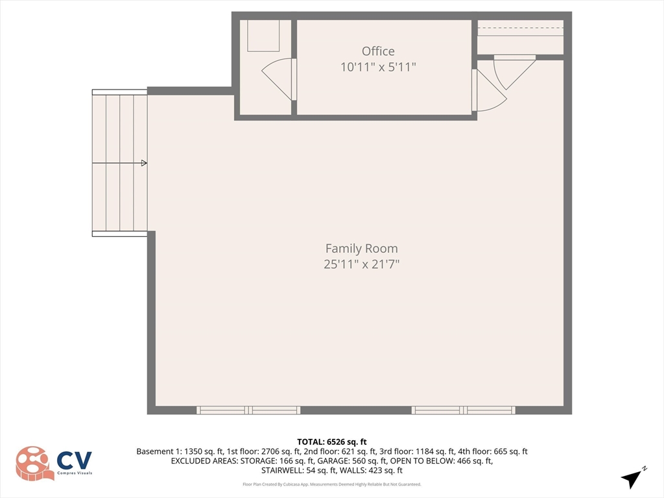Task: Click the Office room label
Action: point(378,51)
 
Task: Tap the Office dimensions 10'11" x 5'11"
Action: point(378,67)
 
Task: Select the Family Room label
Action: point(362,248)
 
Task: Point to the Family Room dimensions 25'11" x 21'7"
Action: point(362,265)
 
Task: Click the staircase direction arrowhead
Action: point(144,163)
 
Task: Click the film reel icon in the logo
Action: point(34,464)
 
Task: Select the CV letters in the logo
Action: point(74,460)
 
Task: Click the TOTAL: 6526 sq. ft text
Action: point(331,442)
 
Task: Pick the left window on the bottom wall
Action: point(248,410)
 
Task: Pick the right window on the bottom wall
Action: point(464,410)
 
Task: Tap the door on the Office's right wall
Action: point(489,90)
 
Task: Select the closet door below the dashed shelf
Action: point(514,72)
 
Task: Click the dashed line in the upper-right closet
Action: point(521,28)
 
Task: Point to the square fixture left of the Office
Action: point(263,36)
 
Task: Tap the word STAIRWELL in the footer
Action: point(283,471)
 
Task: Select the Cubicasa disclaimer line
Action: point(331,484)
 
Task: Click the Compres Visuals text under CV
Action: point(75,473)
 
